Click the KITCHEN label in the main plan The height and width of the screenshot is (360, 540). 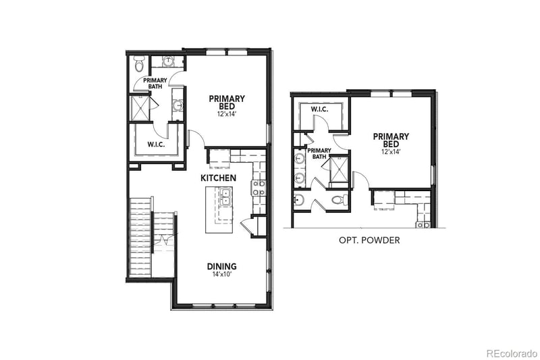click(218, 178)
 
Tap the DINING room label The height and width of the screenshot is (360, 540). click(221, 266)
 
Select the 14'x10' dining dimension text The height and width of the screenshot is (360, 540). click(221, 274)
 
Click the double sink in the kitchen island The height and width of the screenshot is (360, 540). click(224, 197)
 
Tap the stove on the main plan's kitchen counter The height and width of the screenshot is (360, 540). click(259, 188)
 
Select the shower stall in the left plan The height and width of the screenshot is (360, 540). click(140, 107)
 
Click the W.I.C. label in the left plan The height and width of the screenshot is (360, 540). click(157, 144)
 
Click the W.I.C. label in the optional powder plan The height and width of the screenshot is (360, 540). click(319, 109)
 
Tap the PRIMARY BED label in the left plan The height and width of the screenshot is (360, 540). click(226, 102)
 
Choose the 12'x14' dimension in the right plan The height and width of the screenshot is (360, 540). click(390, 153)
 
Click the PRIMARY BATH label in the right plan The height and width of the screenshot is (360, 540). click(319, 154)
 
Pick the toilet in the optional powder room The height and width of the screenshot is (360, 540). click(340, 200)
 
